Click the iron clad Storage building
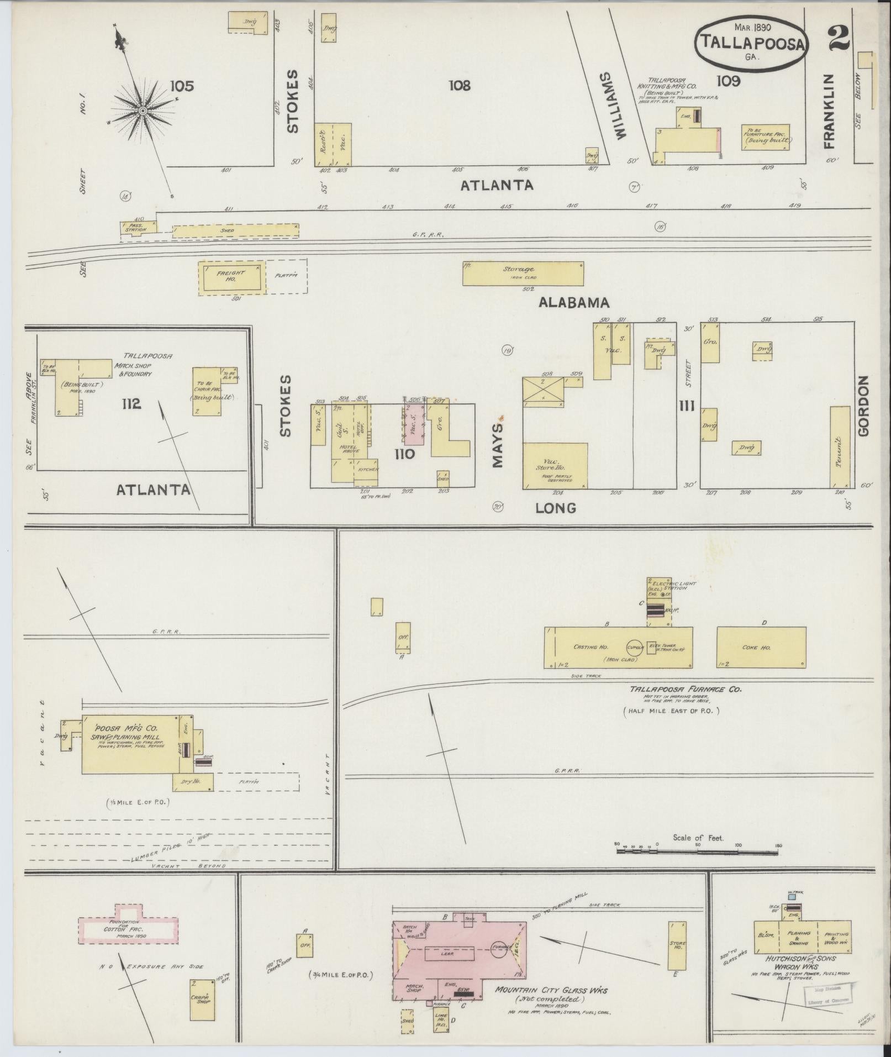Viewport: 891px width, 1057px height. (x=523, y=273)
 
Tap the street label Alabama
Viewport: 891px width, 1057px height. (x=574, y=302)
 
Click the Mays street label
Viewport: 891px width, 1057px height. (x=499, y=445)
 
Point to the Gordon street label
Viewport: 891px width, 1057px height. (x=863, y=406)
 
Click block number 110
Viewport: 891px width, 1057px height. (x=404, y=454)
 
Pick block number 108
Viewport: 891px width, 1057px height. (x=459, y=85)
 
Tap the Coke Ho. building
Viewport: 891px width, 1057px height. (x=761, y=647)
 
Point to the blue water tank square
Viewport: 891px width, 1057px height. (x=792, y=896)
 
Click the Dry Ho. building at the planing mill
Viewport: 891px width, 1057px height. (x=193, y=781)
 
